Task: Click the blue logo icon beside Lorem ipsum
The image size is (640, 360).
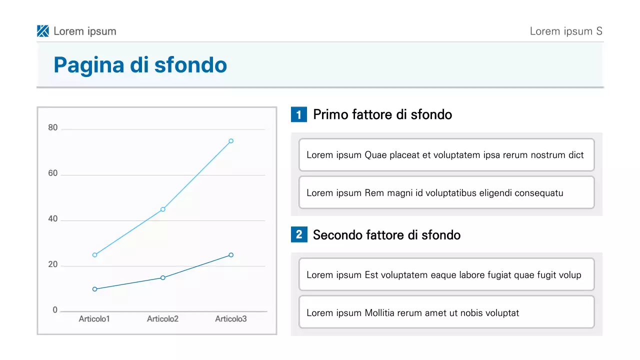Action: tap(43, 31)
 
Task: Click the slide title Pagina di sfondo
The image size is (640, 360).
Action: tap(140, 65)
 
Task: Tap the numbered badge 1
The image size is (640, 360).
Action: tap(299, 115)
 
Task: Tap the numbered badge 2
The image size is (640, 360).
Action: tap(299, 234)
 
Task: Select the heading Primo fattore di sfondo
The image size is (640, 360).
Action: tap(382, 114)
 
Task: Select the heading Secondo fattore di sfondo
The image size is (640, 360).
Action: tap(386, 234)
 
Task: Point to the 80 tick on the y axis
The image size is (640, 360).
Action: tap(53, 128)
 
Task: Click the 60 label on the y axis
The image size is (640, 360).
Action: tap(53, 173)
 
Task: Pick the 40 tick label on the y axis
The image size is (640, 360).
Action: tap(53, 219)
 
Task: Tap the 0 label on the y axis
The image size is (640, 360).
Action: tap(55, 310)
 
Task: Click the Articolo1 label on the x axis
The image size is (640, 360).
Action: tap(94, 319)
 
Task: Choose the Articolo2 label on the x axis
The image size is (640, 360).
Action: tap(162, 319)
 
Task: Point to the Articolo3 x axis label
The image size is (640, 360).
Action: tap(231, 319)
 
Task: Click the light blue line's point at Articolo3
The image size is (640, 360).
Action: tap(231, 141)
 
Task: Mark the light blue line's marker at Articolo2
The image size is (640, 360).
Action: tap(163, 209)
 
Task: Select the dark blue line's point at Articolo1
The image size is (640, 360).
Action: tap(94, 289)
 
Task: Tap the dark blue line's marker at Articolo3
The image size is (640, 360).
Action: tap(231, 255)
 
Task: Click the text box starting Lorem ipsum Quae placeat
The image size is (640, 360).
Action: tap(446, 155)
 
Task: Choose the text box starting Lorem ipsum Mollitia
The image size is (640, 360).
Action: tap(446, 313)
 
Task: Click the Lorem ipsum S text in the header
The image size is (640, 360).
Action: tap(566, 31)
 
